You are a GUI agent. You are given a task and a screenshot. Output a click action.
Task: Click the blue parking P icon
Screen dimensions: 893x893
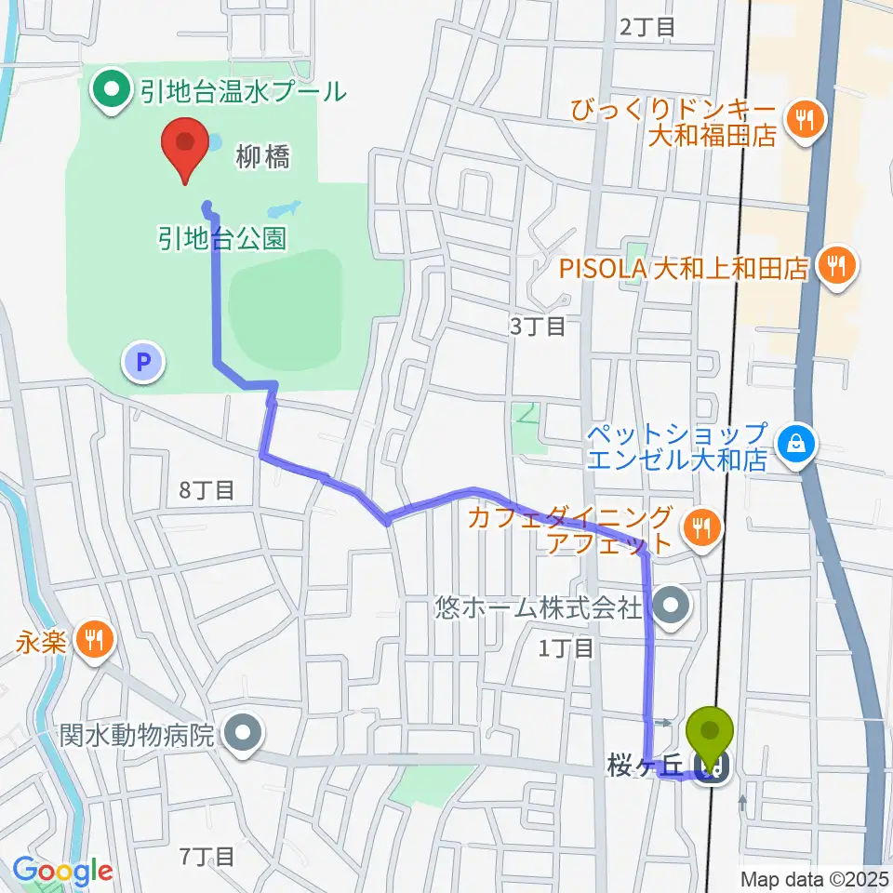[x=144, y=362]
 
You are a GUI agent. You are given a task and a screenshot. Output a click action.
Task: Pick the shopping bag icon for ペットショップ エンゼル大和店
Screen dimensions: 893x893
[x=798, y=445]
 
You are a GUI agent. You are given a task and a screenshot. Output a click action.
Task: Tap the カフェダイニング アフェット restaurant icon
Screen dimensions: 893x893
[x=701, y=529]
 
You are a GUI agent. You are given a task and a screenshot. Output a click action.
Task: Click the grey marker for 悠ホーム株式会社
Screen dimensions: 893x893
[x=670, y=608]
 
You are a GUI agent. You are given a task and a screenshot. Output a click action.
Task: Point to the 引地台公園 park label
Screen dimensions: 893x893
[x=220, y=238]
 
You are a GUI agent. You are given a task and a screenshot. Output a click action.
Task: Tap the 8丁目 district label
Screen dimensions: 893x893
[x=207, y=490]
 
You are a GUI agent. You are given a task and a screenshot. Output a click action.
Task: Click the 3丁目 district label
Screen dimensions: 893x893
[x=537, y=327]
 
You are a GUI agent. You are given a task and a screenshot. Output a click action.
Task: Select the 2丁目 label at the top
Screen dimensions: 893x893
[x=646, y=27]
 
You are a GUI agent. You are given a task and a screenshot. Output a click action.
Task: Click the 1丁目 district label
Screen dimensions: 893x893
[x=566, y=648]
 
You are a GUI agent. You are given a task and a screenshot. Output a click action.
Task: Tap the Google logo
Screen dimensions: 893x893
[x=62, y=872]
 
